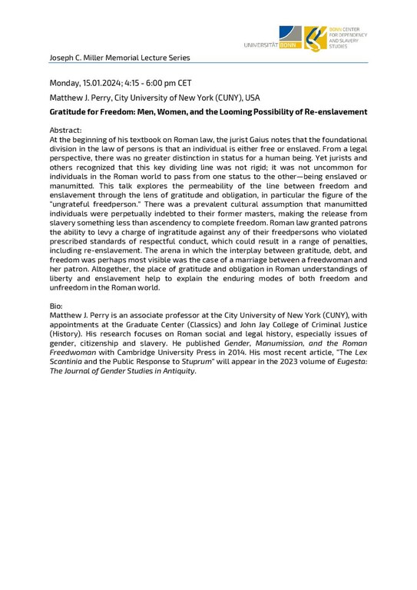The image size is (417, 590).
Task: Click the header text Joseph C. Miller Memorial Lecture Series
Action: [x=119, y=58]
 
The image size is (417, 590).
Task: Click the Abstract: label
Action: [x=65, y=131]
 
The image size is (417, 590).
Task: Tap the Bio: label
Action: [x=57, y=306]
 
